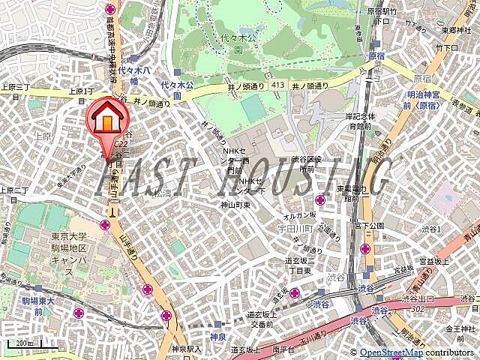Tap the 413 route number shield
coord(279,85)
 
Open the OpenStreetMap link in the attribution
coord(391,352)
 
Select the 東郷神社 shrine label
coord(454,31)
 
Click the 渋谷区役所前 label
coord(307,165)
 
